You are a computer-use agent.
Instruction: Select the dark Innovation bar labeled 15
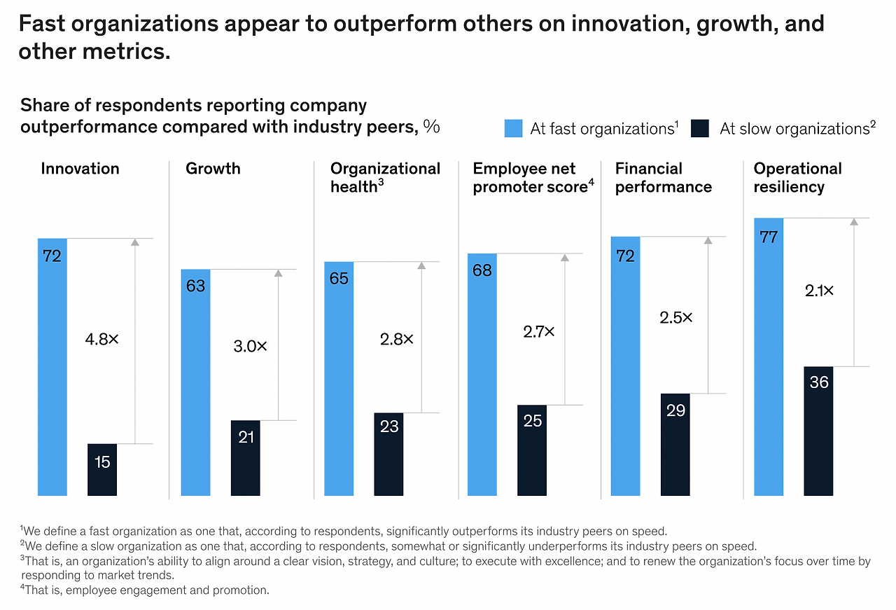coord(102,469)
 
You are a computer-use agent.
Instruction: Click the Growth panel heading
coord(213,169)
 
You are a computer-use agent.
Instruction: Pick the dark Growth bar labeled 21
coord(246,458)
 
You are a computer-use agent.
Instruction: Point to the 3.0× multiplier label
coord(250,346)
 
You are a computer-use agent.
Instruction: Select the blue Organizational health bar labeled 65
coord(339,378)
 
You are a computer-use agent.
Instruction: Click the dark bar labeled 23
coord(388,454)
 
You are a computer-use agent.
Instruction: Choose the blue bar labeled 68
coord(482,375)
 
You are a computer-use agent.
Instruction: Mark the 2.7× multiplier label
coord(538,332)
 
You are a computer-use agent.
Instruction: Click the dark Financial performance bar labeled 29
coord(675,445)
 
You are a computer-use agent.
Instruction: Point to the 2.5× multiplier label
coord(675,317)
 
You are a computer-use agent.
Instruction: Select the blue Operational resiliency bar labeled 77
coord(769,357)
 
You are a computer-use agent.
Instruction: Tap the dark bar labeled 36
coord(818,431)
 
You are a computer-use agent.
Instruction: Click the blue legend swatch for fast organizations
coord(513,129)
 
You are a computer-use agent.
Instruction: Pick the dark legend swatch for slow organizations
coord(700,129)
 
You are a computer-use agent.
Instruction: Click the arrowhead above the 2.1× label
coord(853,222)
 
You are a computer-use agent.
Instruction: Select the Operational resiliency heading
coord(797,178)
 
